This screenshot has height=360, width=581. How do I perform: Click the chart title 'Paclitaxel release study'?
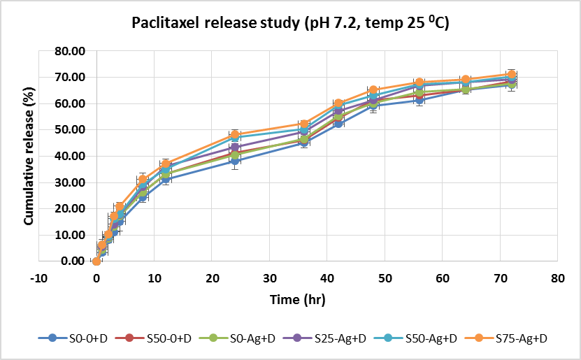pyautogui.click(x=290, y=24)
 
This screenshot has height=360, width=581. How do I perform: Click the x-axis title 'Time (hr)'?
pyautogui.click(x=298, y=299)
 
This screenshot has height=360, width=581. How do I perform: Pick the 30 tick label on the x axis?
pyautogui.click(x=269, y=278)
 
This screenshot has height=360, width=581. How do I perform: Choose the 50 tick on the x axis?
pyautogui.click(x=385, y=278)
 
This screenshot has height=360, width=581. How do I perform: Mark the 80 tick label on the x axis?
pyautogui.click(x=557, y=278)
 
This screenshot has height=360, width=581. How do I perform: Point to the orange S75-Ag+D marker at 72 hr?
pyautogui.click(x=512, y=74)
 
